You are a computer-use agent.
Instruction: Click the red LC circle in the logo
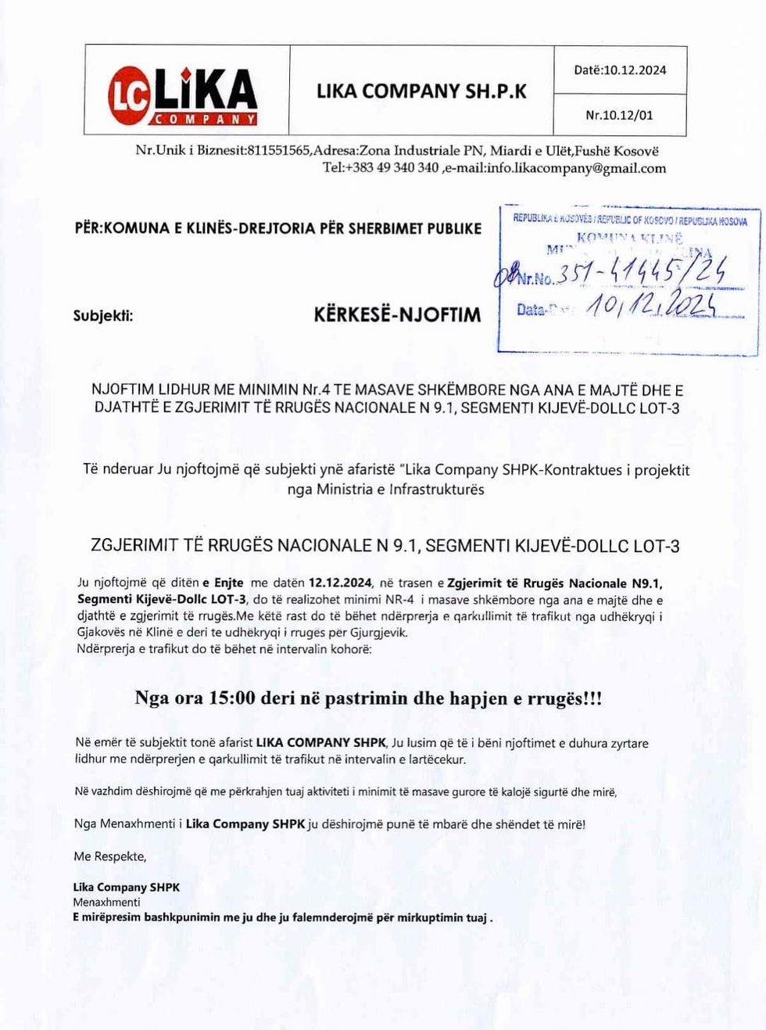tap(128, 95)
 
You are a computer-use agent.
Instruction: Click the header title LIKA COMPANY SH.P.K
tap(421, 92)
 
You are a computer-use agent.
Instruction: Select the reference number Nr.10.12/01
tap(619, 115)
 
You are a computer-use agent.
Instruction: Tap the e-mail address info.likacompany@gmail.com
tap(577, 168)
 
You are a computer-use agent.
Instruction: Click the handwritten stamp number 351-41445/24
tap(643, 271)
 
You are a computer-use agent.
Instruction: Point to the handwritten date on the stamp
tap(650, 306)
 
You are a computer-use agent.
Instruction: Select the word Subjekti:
tap(103, 316)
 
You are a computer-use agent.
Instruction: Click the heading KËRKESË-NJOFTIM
tap(397, 315)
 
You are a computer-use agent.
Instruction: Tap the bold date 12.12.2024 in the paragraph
tap(340, 583)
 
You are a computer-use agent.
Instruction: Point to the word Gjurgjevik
tap(378, 632)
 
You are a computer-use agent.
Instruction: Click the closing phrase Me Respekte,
tap(110, 856)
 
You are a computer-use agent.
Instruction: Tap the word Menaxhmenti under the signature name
tap(106, 902)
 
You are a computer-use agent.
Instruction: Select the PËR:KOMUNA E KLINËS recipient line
tap(278, 228)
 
